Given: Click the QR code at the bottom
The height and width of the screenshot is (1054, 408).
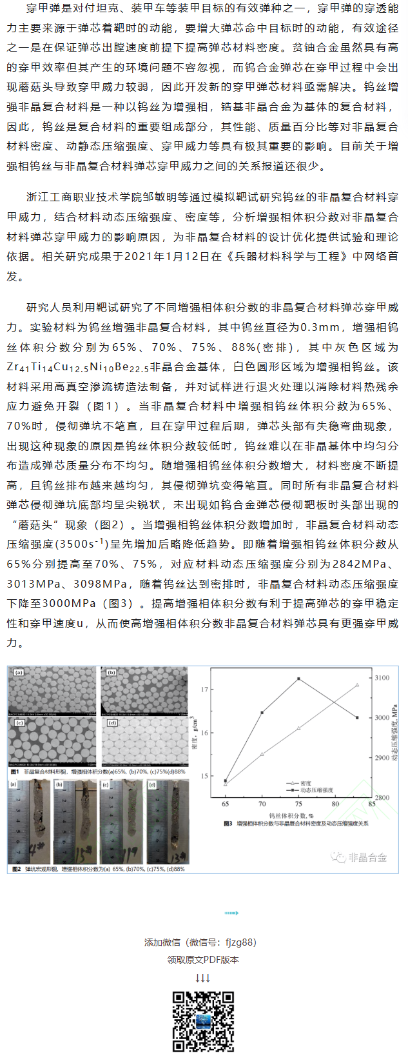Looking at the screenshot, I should point(203,1021).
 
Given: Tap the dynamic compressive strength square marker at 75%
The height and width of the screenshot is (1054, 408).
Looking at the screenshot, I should point(298,679).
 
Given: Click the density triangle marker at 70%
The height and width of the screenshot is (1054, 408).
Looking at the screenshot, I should point(262,753).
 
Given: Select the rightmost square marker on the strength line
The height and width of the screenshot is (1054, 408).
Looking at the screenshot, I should point(357,718).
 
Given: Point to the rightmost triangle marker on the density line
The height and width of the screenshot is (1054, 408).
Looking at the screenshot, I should point(357,684).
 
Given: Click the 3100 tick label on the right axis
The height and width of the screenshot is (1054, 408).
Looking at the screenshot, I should point(382,678).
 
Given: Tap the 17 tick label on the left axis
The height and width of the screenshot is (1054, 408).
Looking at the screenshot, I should point(205,690).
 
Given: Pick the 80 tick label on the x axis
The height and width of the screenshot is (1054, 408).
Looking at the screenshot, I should point(335,804).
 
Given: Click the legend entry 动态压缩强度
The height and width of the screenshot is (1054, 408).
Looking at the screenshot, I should point(316,790).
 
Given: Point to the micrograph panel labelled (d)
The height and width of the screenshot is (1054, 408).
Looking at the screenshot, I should point(145,741).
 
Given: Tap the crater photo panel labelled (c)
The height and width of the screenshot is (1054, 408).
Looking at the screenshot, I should point(122,820).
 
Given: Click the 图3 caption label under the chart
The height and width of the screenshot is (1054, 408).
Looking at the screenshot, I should point(228,824).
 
